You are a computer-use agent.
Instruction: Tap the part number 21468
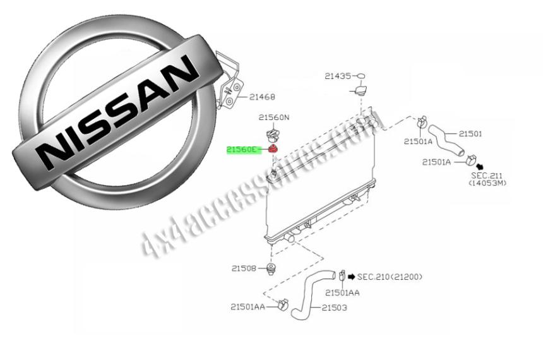(x=262, y=97)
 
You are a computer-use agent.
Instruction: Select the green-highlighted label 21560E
(x=243, y=150)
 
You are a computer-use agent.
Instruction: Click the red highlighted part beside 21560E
(x=273, y=149)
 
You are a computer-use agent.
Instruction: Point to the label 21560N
(x=273, y=117)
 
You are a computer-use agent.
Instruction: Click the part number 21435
(x=338, y=76)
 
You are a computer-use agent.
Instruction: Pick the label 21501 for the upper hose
(x=470, y=134)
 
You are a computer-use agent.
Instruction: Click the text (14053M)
(x=487, y=183)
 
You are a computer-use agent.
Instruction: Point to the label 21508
(x=244, y=268)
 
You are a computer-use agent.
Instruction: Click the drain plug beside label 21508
(x=272, y=270)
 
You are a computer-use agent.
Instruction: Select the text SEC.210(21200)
(x=390, y=277)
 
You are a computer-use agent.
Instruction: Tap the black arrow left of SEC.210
(x=351, y=277)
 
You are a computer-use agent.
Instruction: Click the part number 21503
(x=335, y=308)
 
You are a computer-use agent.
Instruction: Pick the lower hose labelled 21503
(x=307, y=294)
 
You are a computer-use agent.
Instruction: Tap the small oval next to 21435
(x=361, y=76)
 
